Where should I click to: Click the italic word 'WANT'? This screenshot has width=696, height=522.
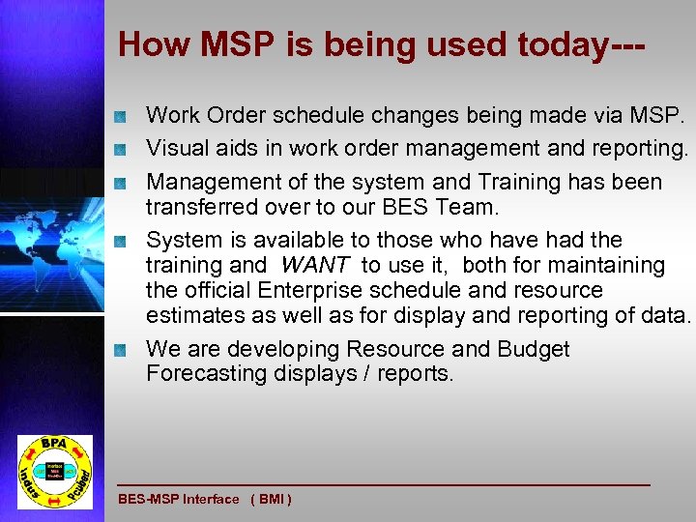pos(314,265)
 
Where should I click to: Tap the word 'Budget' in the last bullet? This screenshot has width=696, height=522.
pos(533,349)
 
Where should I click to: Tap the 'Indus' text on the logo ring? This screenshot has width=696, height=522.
pos(29,477)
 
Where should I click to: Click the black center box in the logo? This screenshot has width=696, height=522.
pos(54,471)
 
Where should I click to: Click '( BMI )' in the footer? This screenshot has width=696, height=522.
pos(271,500)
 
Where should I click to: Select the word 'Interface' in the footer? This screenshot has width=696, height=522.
pos(211,500)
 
